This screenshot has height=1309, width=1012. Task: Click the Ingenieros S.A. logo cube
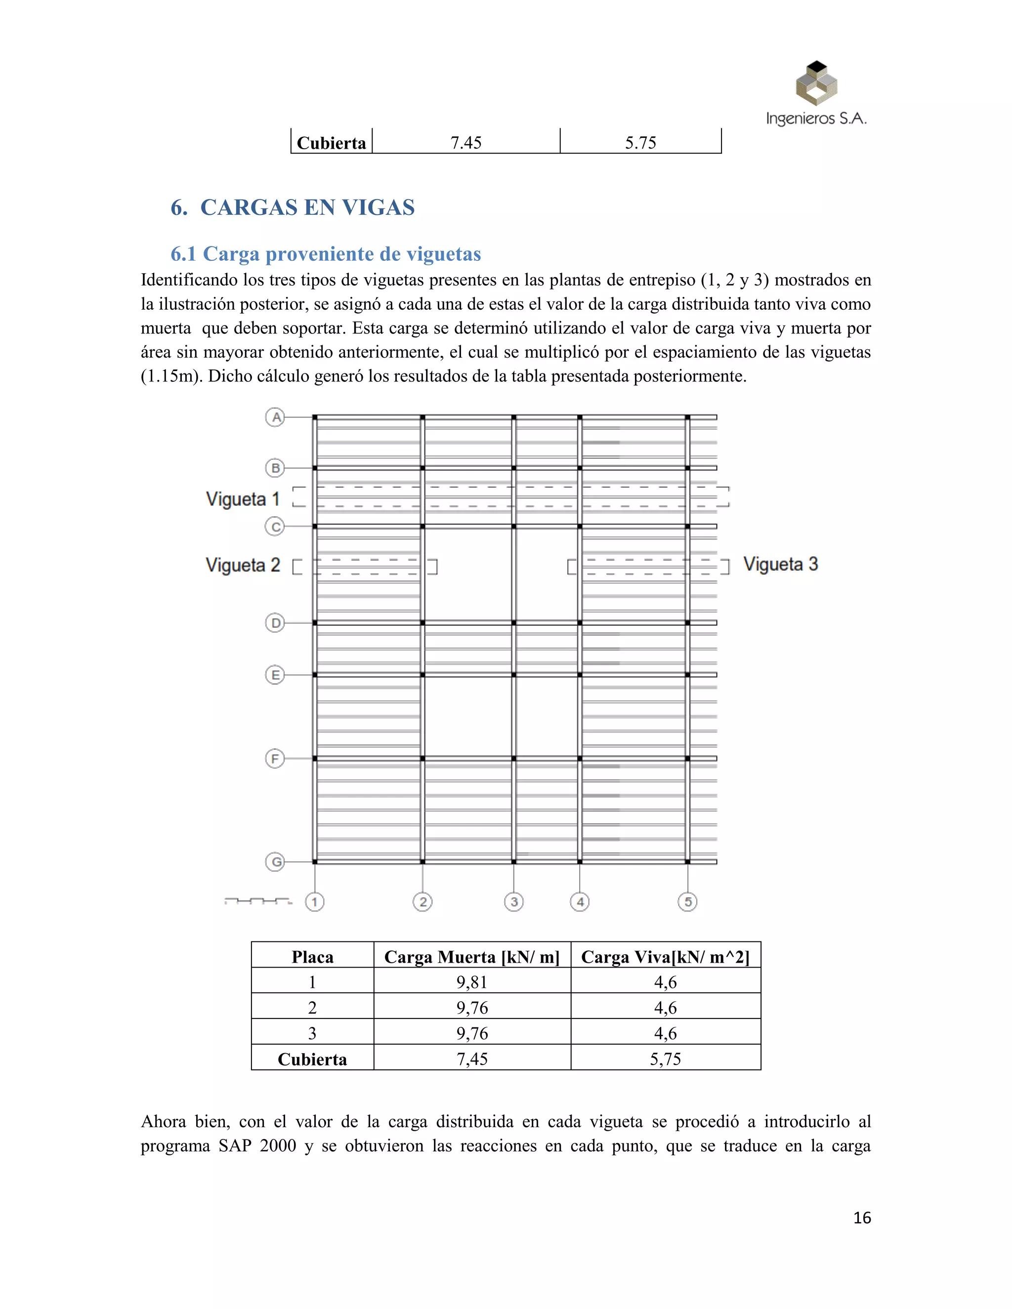[816, 83]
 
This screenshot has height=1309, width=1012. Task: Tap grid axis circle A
[275, 417]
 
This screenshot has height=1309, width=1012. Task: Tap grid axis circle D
[275, 623]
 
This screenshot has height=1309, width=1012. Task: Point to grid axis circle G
[275, 862]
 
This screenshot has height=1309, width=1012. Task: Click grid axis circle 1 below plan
[315, 902]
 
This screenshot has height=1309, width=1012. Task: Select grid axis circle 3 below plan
[514, 902]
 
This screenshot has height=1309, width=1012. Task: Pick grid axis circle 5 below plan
[688, 902]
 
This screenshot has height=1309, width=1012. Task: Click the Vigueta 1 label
[243, 499]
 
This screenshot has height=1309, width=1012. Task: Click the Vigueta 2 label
[243, 565]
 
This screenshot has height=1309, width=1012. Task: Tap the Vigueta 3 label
[781, 565]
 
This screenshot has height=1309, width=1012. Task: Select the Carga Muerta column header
[472, 957]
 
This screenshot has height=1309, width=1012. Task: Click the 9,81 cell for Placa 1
[472, 982]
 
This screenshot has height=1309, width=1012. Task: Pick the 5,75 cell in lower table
[666, 1059]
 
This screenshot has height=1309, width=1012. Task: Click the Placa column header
[312, 957]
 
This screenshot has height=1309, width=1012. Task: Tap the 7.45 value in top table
[466, 143]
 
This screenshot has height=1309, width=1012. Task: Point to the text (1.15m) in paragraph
[171, 376]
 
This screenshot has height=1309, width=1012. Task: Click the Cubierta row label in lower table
[312, 1060]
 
